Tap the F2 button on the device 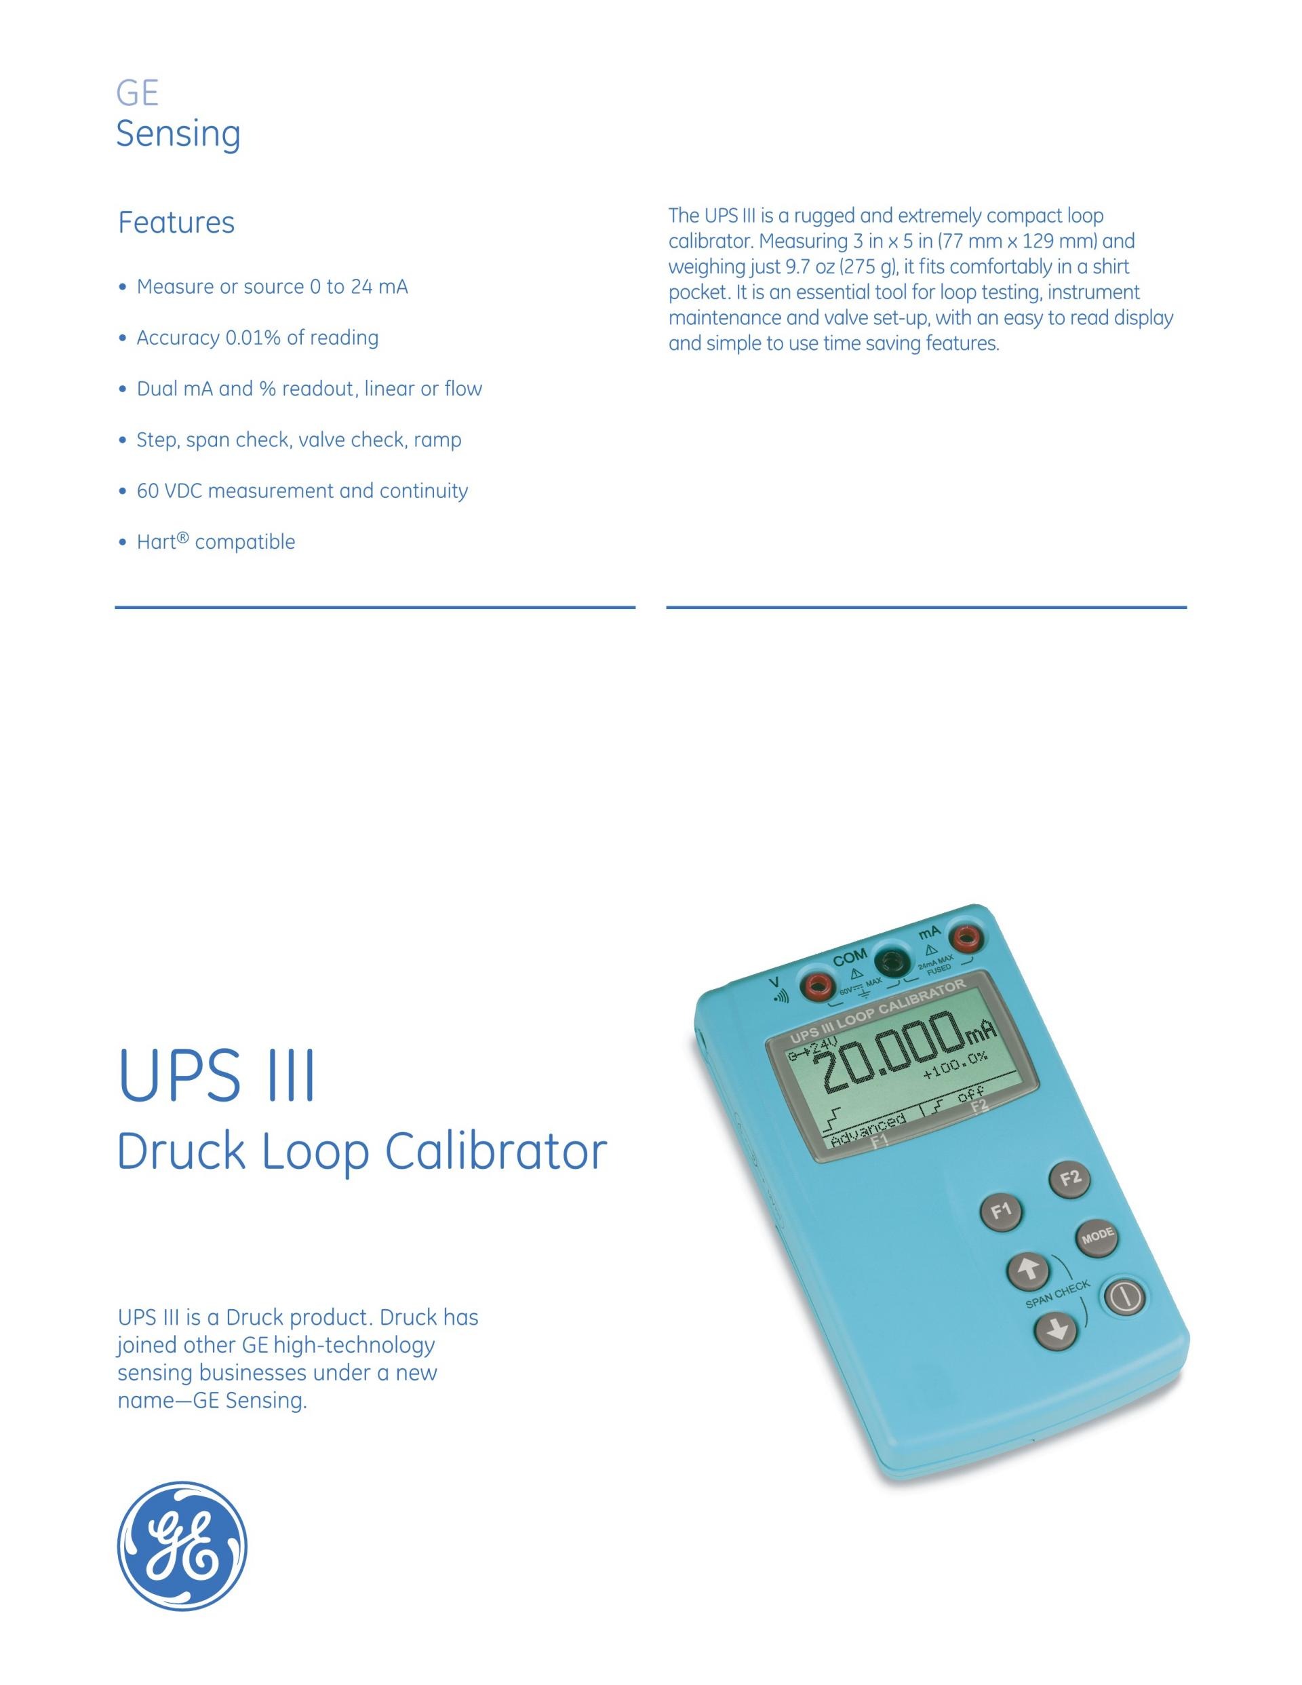point(1071,1178)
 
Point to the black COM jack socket point(892,961)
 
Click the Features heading point(176,222)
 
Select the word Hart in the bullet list point(157,541)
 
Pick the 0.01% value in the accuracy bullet point(252,338)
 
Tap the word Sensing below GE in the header point(178,134)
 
